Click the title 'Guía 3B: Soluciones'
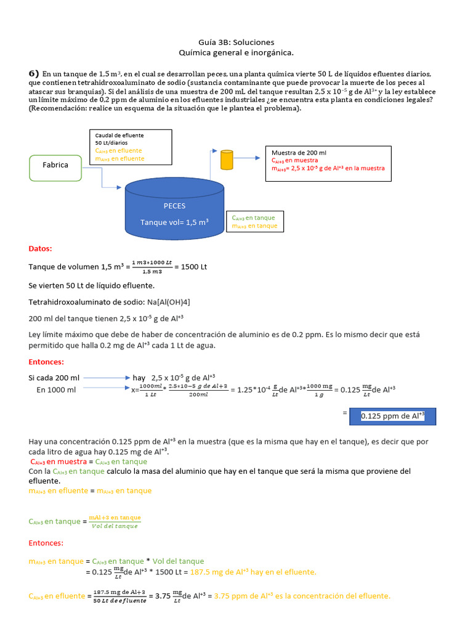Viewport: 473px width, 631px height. pos(237,42)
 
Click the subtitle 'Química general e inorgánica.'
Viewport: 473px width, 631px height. pos(237,53)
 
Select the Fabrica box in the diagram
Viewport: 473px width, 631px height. pos(55,166)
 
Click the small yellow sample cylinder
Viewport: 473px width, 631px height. pos(227,160)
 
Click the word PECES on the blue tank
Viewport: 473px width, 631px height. pos(174,206)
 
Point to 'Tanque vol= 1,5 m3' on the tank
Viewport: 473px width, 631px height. pos(174,222)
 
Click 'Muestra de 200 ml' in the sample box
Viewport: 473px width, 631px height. pos(299,152)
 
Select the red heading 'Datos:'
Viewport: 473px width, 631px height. pos(41,249)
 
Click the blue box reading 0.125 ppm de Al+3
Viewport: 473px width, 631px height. pos(392,416)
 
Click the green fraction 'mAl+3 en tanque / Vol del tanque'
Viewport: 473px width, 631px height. pos(115,521)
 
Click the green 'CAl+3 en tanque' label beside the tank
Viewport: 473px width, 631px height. pos(254,218)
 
